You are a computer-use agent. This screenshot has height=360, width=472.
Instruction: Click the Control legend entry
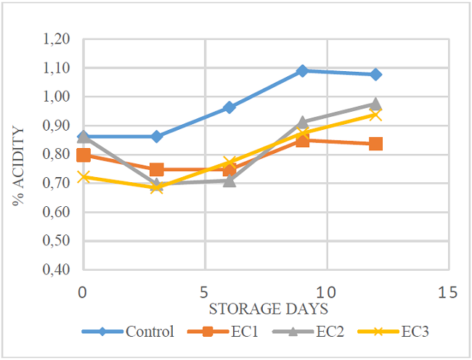(x=138, y=332)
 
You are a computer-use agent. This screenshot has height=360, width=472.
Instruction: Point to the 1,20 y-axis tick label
(x=58, y=39)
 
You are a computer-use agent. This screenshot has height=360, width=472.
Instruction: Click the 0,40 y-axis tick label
(x=58, y=270)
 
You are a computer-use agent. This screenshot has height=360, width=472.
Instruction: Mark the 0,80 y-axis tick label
(x=58, y=155)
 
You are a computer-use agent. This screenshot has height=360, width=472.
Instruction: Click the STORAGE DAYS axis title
(x=268, y=309)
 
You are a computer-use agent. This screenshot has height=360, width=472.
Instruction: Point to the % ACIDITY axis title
(x=19, y=165)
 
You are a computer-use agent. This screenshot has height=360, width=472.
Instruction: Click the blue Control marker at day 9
(x=302, y=70)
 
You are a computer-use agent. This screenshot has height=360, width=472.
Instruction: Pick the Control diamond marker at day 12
(x=375, y=74)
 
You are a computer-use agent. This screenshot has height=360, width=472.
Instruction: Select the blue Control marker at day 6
(x=229, y=107)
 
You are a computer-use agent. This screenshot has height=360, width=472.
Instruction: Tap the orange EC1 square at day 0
(x=84, y=155)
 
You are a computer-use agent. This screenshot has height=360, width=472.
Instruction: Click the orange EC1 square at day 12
(x=375, y=144)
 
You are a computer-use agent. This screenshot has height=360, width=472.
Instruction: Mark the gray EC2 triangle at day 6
(x=229, y=180)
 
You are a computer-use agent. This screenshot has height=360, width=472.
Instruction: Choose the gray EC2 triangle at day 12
(x=375, y=104)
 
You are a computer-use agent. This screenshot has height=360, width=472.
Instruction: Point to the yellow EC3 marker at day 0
(x=84, y=177)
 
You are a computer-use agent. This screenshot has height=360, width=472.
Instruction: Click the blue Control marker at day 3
(x=156, y=136)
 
